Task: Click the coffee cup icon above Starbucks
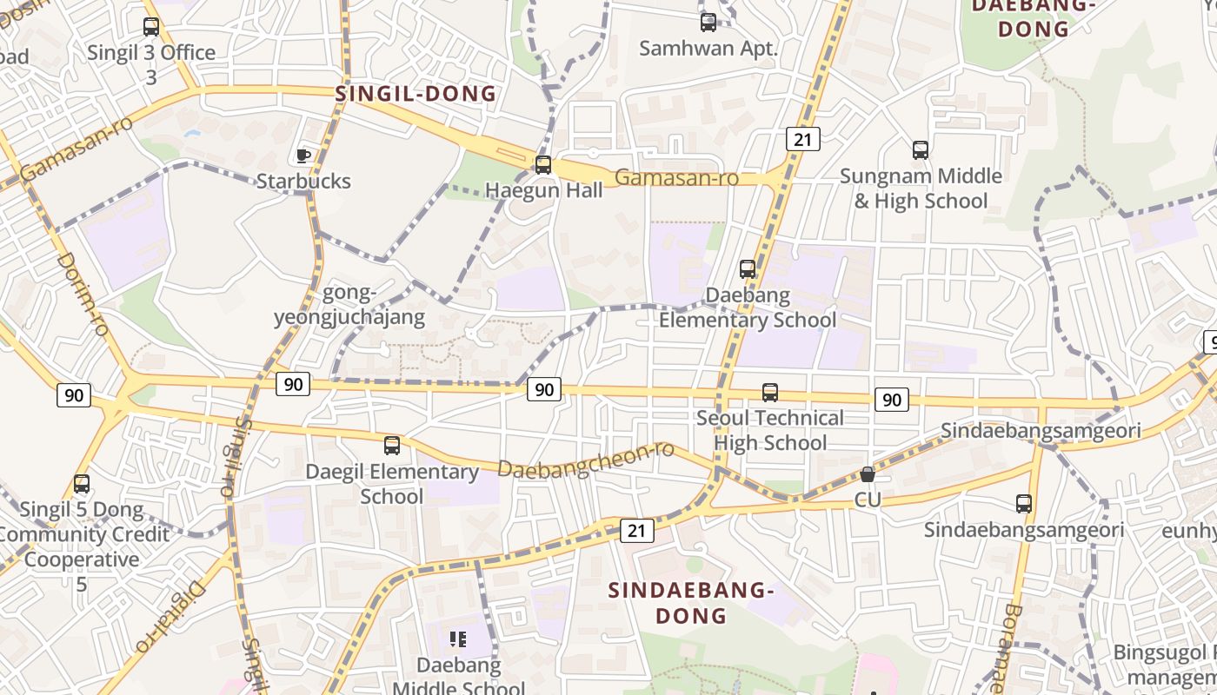pyautogui.click(x=303, y=156)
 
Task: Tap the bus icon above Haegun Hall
pyautogui.click(x=543, y=164)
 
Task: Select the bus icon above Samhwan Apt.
pyautogui.click(x=708, y=23)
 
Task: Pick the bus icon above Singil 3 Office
pyautogui.click(x=151, y=27)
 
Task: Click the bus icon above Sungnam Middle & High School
pyautogui.click(x=921, y=150)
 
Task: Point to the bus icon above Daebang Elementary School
pyautogui.click(x=748, y=269)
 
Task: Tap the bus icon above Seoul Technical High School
pyautogui.click(x=770, y=393)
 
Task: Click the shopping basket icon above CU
pyautogui.click(x=868, y=474)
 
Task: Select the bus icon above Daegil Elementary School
pyautogui.click(x=392, y=446)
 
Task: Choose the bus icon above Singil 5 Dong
pyautogui.click(x=82, y=484)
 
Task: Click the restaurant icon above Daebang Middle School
pyautogui.click(x=458, y=640)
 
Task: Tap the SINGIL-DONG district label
pyautogui.click(x=416, y=94)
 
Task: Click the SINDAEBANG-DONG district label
pyautogui.click(x=691, y=603)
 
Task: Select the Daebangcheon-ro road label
pyautogui.click(x=586, y=460)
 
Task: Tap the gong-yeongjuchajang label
pyautogui.click(x=349, y=305)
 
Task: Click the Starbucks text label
pyautogui.click(x=303, y=181)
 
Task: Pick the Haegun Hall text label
pyautogui.click(x=543, y=189)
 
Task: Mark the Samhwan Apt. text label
pyautogui.click(x=708, y=48)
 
